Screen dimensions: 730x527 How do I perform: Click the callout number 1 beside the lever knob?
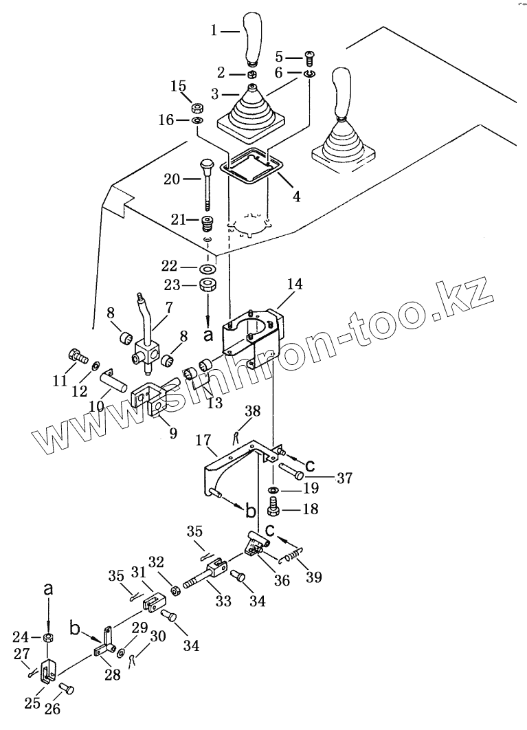(x=214, y=30)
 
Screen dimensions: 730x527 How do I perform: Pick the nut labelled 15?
(x=195, y=108)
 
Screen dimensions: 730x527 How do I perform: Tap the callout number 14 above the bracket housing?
(x=295, y=283)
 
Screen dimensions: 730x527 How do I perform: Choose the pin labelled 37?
(x=290, y=474)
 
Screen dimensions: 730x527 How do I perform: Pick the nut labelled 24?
(x=48, y=638)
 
